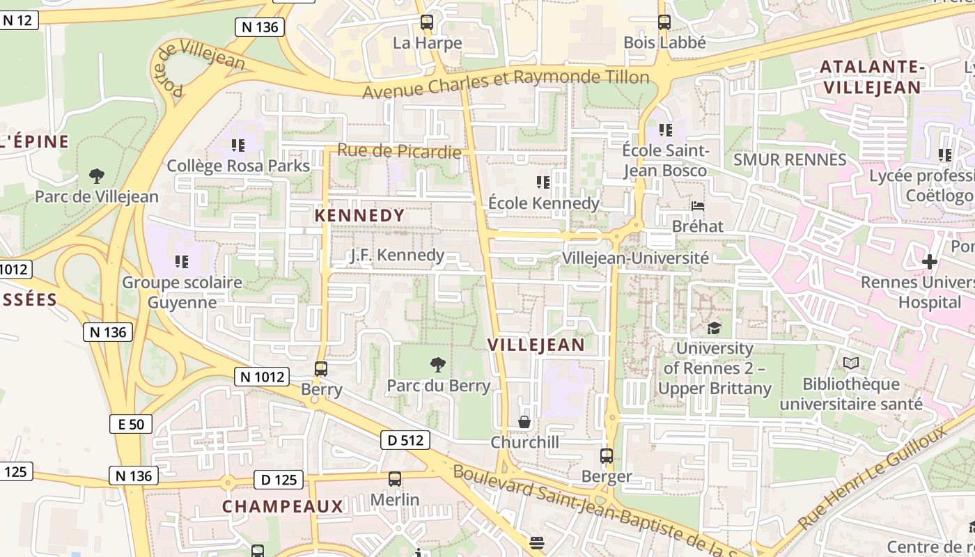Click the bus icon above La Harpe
pyautogui.click(x=427, y=22)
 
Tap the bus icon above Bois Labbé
pyautogui.click(x=664, y=22)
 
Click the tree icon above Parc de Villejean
pyautogui.click(x=97, y=175)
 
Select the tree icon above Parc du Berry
pyautogui.click(x=438, y=364)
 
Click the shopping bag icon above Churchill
pyautogui.click(x=524, y=422)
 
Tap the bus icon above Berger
pyautogui.click(x=607, y=456)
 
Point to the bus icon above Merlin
pyautogui.click(x=395, y=479)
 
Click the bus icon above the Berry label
pyautogui.click(x=321, y=369)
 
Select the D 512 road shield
pyautogui.click(x=405, y=440)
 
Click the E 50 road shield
pyautogui.click(x=131, y=424)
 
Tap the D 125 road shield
pyautogui.click(x=279, y=479)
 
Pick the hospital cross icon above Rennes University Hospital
pyautogui.click(x=930, y=262)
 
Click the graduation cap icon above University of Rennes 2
pyautogui.click(x=714, y=328)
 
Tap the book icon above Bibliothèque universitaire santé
pyautogui.click(x=850, y=363)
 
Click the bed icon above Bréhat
pyautogui.click(x=698, y=206)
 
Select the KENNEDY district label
pyautogui.click(x=359, y=216)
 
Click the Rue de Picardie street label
pyautogui.click(x=399, y=151)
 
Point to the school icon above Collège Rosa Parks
pyautogui.click(x=238, y=146)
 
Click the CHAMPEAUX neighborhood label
pyautogui.click(x=283, y=506)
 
